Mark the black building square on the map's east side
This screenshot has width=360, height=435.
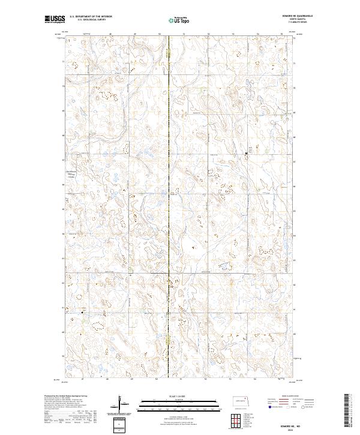(246, 154)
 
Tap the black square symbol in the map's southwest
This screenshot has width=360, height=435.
(83, 311)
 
